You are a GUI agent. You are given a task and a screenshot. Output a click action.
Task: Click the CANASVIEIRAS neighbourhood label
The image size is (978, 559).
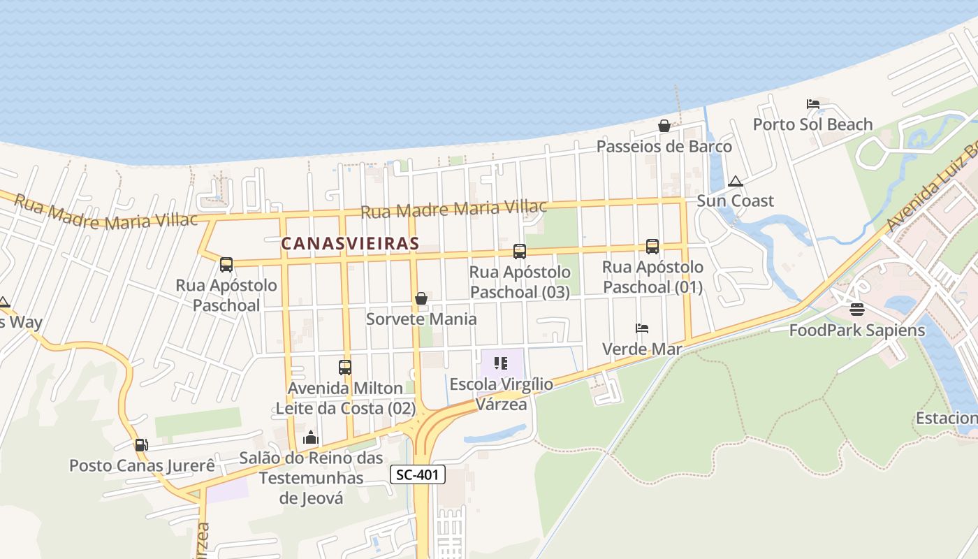350,243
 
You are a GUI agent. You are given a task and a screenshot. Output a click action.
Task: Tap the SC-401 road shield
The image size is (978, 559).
417,475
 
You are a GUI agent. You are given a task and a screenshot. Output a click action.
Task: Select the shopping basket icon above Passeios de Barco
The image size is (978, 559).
664,126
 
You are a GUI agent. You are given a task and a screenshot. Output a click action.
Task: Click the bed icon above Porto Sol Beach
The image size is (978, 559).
812,104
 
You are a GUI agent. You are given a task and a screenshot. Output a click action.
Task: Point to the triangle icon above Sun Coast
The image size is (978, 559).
735,182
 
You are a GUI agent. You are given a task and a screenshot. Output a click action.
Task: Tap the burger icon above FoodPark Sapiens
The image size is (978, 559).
857,309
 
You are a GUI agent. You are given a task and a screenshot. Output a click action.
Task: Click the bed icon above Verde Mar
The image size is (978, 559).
642,328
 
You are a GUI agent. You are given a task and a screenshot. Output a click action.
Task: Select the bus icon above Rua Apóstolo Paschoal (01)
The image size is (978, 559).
652,246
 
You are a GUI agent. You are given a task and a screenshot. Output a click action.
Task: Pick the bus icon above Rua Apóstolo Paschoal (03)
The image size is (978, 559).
519,251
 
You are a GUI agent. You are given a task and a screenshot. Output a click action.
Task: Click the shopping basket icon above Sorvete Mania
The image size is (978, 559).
421,298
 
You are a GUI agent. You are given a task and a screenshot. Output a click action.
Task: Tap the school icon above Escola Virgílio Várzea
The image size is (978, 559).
501,363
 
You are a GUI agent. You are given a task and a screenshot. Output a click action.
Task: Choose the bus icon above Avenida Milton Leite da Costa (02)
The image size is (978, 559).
344,367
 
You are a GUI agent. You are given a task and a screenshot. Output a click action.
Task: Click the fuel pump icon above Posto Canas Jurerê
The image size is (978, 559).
141,444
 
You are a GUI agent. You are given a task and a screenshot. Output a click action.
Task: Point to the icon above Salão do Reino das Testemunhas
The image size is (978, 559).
311,438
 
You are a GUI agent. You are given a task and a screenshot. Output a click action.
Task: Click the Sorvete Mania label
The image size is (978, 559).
421,319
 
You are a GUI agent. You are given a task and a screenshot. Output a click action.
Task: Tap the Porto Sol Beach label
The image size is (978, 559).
812,124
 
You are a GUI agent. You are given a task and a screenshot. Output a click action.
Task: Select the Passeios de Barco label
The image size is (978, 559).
664,147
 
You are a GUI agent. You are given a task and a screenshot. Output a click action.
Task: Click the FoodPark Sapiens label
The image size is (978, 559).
857,330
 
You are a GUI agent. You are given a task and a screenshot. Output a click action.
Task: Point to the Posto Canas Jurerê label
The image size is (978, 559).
142,465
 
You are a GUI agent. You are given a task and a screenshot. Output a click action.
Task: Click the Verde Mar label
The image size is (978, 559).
642,349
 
